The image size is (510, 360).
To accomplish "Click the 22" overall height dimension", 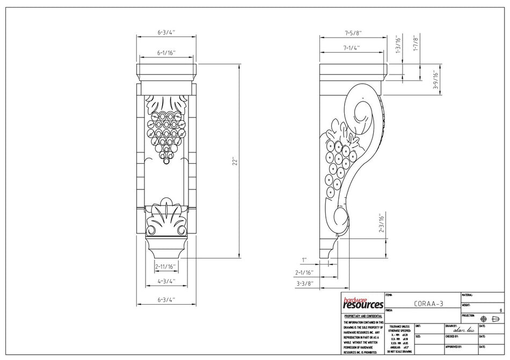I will coord(235,161).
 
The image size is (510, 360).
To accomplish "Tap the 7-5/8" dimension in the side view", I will coord(353,33).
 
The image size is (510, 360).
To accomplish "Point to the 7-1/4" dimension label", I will coord(352,48).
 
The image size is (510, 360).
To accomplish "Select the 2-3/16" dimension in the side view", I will coord(382,224).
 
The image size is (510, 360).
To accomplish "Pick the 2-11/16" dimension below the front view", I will coord(165,267).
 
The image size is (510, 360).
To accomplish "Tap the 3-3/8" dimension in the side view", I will coord(304,283).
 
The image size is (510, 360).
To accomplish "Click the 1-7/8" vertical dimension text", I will coord(415,43).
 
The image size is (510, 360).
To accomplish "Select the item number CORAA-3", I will coord(428,303).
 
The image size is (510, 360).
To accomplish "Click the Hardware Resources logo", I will coord(363,303).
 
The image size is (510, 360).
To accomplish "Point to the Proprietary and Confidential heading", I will coord(363,317).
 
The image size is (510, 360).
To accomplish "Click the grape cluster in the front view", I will coord(167,132).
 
